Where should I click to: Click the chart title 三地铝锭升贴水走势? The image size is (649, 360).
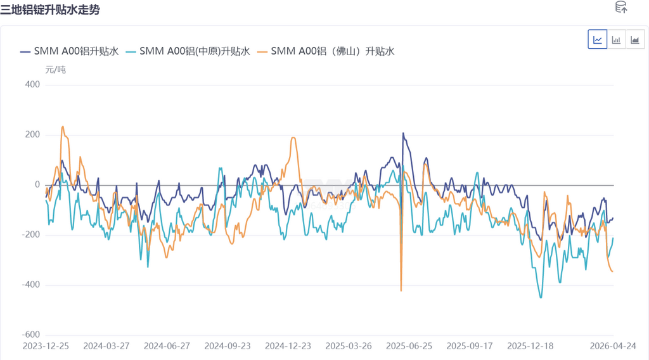(x=50, y=10)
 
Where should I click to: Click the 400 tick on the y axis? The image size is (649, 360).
(x=32, y=85)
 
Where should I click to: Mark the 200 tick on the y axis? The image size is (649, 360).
(x=32, y=135)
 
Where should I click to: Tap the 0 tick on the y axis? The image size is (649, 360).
(x=37, y=185)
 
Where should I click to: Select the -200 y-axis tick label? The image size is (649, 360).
(x=30, y=235)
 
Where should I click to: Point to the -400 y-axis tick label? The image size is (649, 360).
(x=30, y=285)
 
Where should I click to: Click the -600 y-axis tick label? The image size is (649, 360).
(x=30, y=335)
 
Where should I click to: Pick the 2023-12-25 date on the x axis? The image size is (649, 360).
(x=46, y=346)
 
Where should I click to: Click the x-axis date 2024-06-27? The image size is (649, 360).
(x=167, y=346)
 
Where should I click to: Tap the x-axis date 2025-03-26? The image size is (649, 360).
(x=348, y=346)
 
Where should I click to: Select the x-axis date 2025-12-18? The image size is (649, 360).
(x=530, y=346)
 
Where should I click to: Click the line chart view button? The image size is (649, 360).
(x=598, y=40)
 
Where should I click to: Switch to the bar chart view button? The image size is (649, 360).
(x=616, y=40)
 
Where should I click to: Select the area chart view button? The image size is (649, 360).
(x=634, y=40)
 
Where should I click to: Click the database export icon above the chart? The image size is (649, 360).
(x=621, y=8)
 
